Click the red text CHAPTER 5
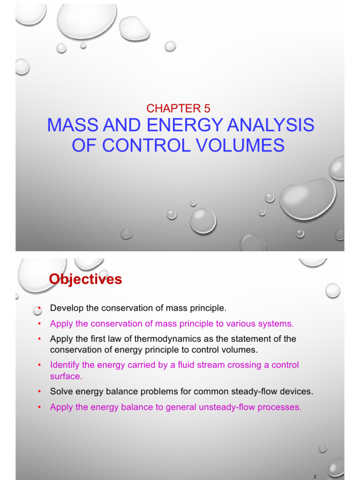(178, 108)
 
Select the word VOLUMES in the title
(240, 145)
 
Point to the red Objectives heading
(85, 279)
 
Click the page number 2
(315, 476)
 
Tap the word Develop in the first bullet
(67, 308)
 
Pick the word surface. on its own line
(66, 376)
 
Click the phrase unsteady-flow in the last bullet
(227, 407)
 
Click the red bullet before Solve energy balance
(39, 391)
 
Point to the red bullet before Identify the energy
(39, 365)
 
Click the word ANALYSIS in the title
(270, 125)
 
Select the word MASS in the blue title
(73, 125)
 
